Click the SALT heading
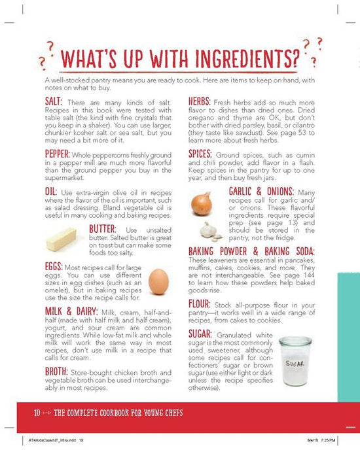54,101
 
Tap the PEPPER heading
58,154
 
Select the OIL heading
51,192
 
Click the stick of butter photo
61,239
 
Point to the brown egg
158,282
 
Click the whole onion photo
202,204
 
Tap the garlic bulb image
210,232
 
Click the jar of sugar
295,361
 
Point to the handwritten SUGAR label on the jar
295,364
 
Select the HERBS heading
200,101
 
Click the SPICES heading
200,154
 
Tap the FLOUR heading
199,304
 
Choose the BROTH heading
56,372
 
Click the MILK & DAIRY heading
71,311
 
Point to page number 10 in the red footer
37,413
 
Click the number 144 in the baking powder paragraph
309,275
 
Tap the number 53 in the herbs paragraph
302,133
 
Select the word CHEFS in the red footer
173,413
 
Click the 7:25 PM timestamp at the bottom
328,440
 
